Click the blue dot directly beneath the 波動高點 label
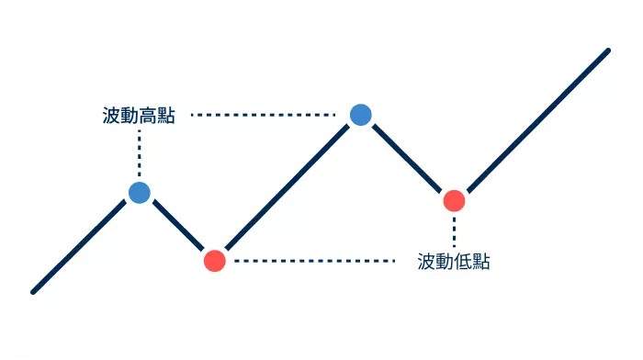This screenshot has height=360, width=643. pos(139,192)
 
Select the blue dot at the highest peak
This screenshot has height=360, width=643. pos(360,114)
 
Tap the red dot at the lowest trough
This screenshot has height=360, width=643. pos(214,260)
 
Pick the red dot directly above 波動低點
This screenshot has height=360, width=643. pos(454,199)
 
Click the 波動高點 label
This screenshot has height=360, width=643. pos(139,116)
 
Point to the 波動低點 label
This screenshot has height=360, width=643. pos(454,262)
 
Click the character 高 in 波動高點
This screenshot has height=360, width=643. pos(148,116)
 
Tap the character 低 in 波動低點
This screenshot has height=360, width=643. pos(463,262)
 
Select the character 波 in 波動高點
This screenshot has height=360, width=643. pos(111,116)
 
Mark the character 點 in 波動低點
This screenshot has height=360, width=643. pos(481,262)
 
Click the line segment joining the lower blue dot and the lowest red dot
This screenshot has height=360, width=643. pos(176,226)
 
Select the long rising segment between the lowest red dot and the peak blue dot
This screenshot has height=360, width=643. pos(287,187)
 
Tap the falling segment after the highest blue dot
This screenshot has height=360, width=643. pos(407,157)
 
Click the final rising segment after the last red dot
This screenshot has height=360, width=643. pos(533,124)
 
